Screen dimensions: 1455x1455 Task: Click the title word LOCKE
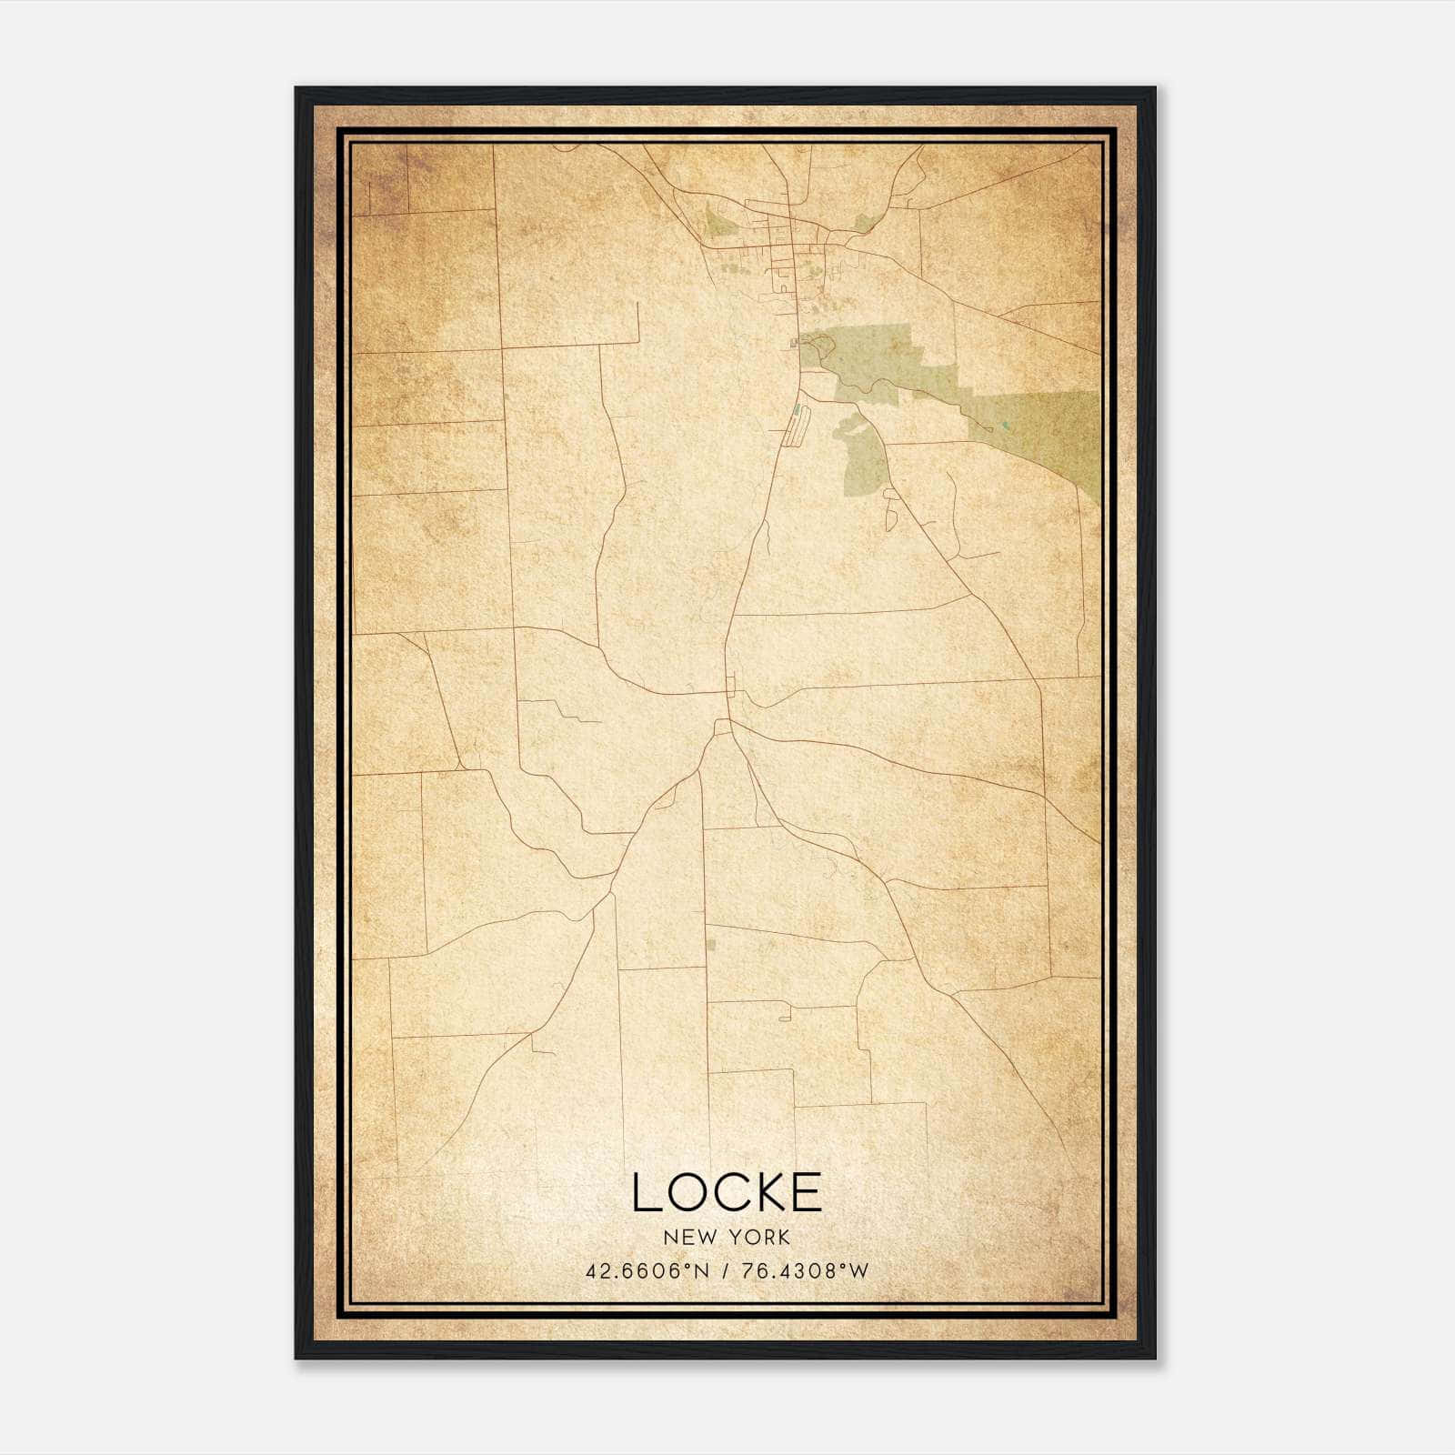(727, 1192)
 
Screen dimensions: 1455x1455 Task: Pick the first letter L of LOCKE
(644, 1192)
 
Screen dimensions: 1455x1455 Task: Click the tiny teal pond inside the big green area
(1005, 425)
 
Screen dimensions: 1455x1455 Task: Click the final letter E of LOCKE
(808, 1192)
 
